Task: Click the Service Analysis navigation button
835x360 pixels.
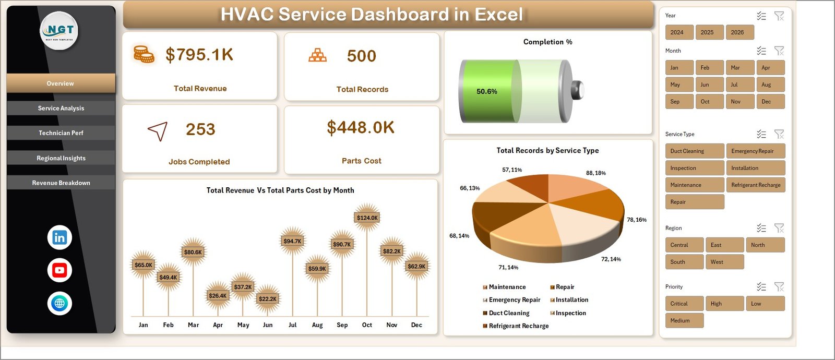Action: pos(61,108)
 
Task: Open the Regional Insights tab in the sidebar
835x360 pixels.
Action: pos(61,158)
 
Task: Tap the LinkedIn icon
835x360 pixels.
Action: pos(59,237)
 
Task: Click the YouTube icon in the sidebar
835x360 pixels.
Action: pos(59,270)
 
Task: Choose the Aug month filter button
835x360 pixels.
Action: pos(770,85)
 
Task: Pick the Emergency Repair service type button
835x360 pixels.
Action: pos(755,151)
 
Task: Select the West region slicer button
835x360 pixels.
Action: pos(724,262)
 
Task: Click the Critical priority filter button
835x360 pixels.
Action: pos(684,304)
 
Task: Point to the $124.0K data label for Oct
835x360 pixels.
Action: pos(367,218)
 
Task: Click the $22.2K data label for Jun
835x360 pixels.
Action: pos(268,299)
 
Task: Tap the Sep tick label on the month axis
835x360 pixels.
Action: pos(342,325)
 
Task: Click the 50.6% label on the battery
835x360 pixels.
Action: pos(486,91)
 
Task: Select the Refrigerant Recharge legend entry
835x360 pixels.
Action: pos(518,326)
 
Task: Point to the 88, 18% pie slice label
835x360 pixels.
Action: pos(595,173)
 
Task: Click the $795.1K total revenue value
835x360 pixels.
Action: pos(199,55)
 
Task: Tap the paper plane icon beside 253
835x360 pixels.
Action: pos(158,131)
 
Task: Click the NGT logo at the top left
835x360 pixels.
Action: pos(59,31)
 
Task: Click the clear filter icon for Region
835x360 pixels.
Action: pos(779,228)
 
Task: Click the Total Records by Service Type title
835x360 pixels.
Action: pos(547,150)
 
